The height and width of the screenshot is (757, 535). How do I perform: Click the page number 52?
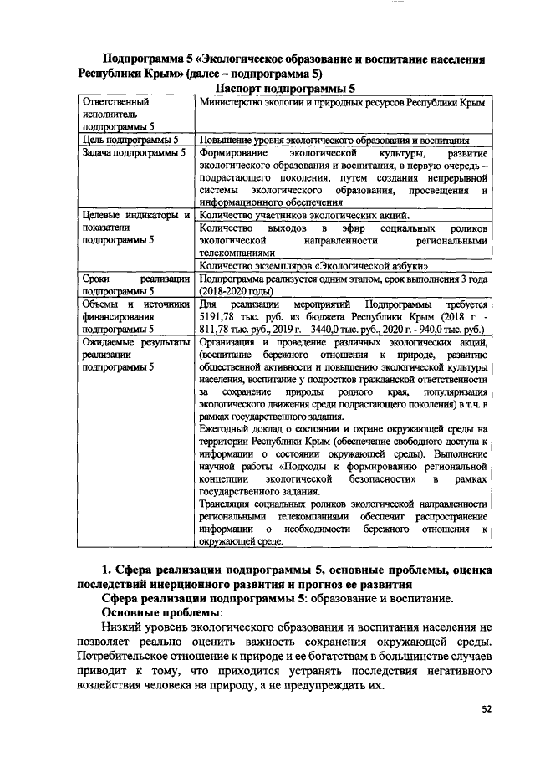pyautogui.click(x=487, y=709)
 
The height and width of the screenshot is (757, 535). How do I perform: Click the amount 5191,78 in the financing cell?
pyautogui.click(x=219, y=318)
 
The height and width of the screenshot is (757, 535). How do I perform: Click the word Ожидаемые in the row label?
pyautogui.click(x=110, y=343)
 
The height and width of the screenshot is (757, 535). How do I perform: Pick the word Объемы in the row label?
pyautogui.click(x=100, y=304)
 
